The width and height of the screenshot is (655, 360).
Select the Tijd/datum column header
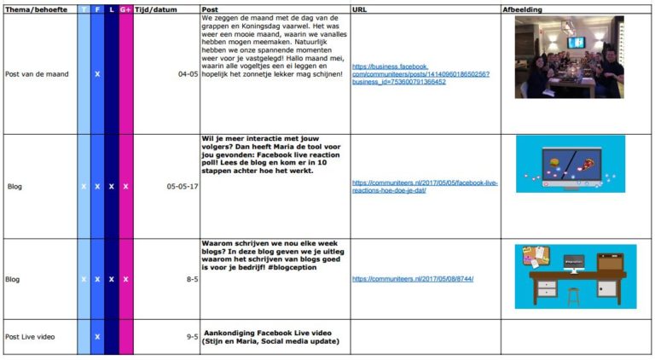155,9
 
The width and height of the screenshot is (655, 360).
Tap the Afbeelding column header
524,9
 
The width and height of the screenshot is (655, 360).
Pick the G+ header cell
125,9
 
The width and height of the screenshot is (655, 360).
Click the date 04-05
188,74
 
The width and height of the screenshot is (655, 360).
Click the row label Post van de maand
37,74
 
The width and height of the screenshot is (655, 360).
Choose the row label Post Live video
30,337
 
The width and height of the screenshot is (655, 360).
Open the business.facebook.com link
420,74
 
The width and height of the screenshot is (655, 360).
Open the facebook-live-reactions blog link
424,186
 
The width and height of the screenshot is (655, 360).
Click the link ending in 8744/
412,279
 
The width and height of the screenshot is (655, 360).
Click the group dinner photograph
569,56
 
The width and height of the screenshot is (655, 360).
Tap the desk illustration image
575,276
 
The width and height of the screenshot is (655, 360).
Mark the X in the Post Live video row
97,337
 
